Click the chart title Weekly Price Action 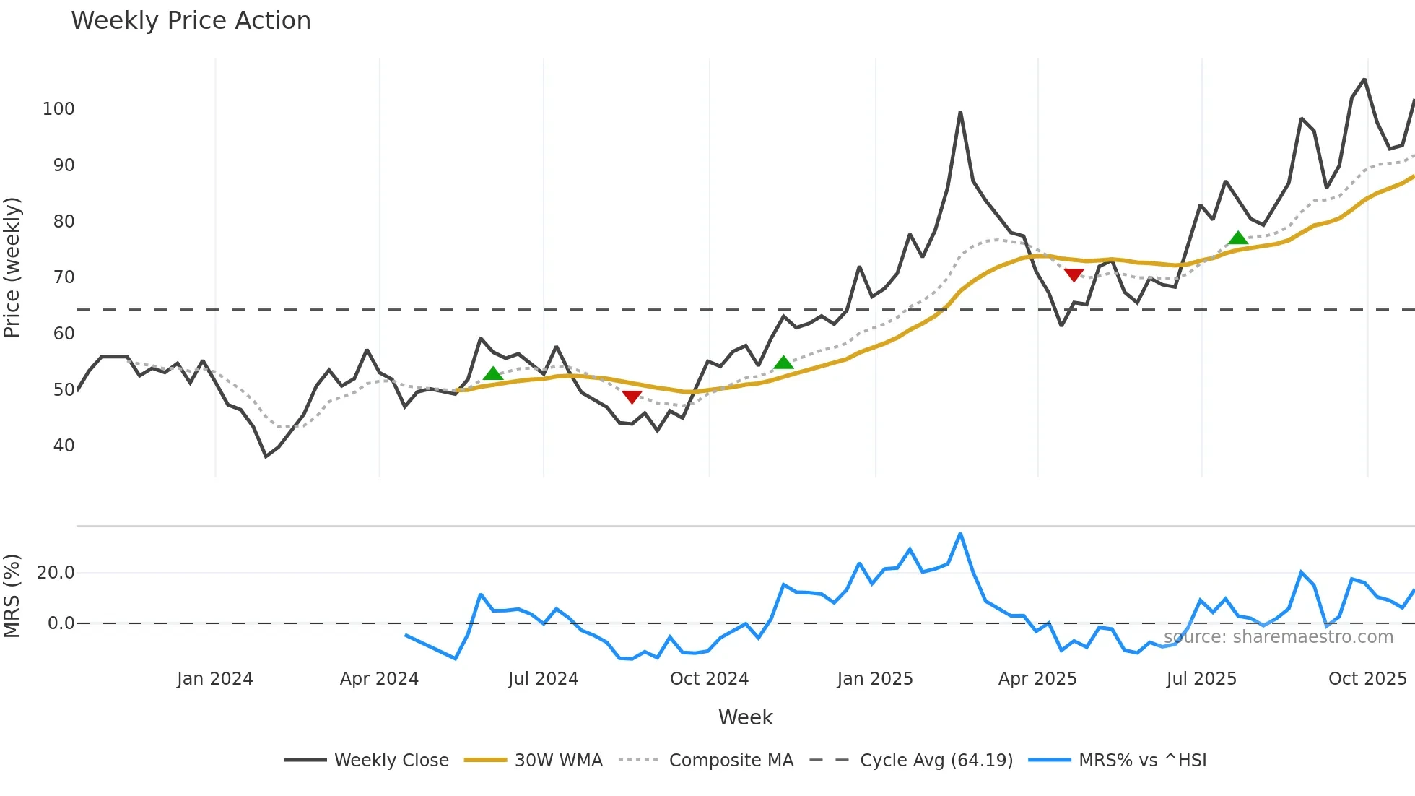[191, 21]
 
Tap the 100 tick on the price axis [58, 109]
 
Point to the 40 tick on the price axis [64, 446]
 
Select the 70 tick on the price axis [64, 277]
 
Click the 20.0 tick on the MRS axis [56, 573]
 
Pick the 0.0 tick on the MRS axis [61, 623]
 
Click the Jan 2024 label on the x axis [214, 679]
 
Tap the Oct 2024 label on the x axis [709, 679]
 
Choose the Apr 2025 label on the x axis [1037, 679]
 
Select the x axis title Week [745, 717]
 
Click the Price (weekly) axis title [12, 267]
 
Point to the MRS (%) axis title [12, 596]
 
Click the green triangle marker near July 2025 [1238, 238]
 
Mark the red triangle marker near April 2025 [1074, 274]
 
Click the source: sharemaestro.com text [1278, 637]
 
